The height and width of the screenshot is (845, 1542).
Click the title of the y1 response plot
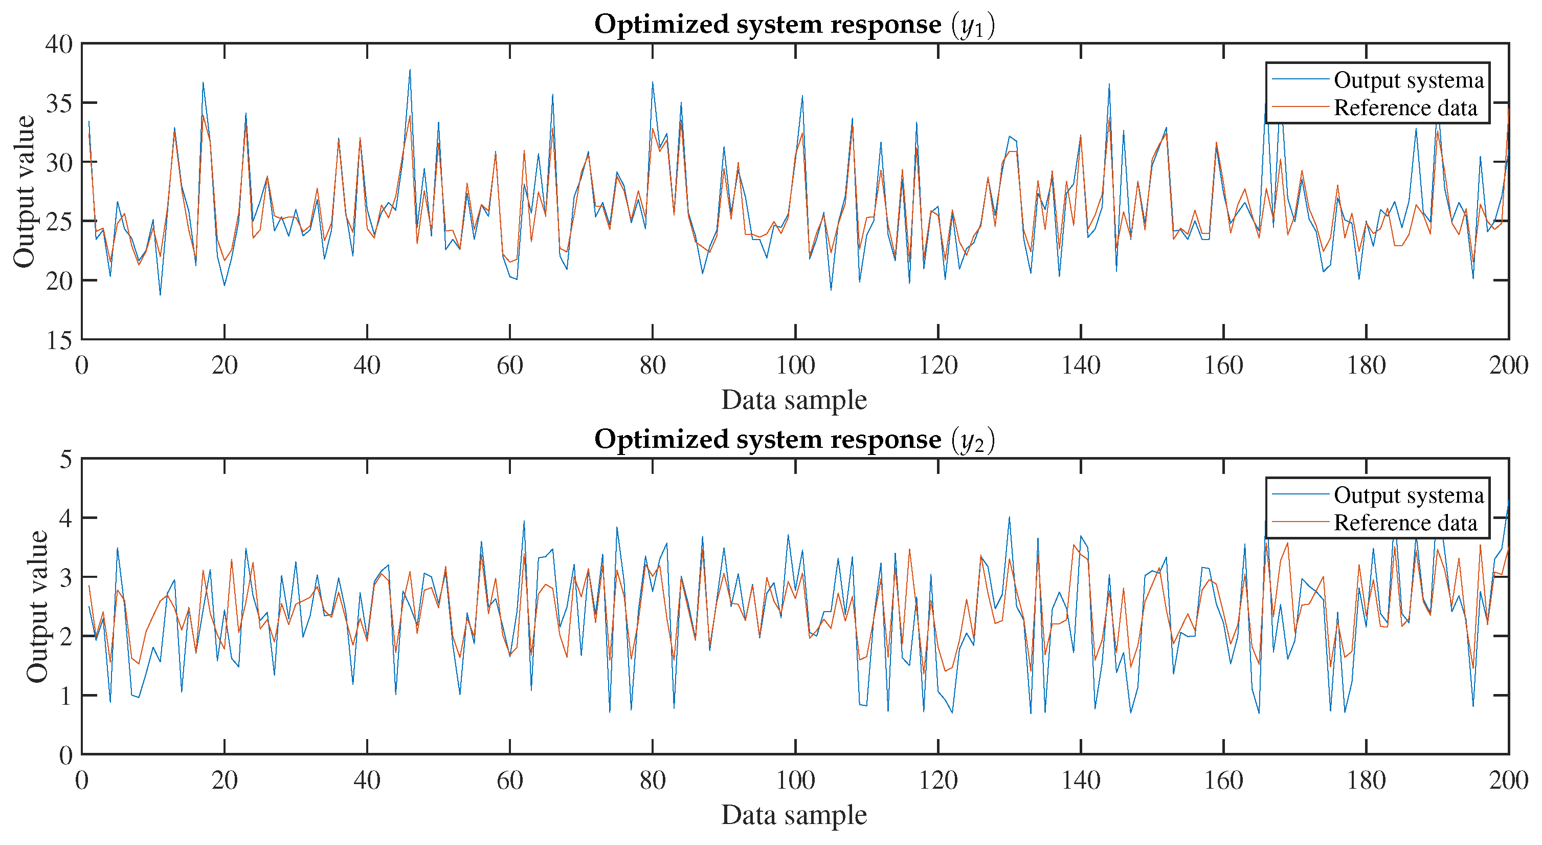tap(794, 25)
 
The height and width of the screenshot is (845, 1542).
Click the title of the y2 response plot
tap(794, 440)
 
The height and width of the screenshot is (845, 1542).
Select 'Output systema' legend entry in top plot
tap(1409, 80)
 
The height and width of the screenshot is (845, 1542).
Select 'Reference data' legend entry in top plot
tap(1405, 108)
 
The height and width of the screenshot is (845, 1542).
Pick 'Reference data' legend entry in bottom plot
tap(1405, 523)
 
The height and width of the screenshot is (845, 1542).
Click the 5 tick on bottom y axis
tap(66, 459)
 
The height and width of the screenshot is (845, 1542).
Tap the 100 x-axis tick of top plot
tap(795, 365)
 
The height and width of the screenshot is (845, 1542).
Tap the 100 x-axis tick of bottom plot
tap(795, 781)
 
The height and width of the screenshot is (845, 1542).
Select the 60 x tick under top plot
tap(509, 365)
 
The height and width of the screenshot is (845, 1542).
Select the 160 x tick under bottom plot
tap(1223, 781)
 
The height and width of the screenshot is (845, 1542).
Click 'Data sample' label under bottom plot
tap(794, 815)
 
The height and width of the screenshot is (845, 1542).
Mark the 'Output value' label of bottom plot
tap(37, 606)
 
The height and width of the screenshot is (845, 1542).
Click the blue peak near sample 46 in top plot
tap(410, 70)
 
